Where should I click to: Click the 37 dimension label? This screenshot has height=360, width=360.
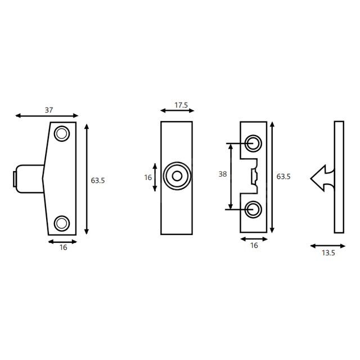49,110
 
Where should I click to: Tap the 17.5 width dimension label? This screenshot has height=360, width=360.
181,105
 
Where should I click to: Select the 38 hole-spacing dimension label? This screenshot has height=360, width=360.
223,174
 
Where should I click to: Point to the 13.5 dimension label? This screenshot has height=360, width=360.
328,253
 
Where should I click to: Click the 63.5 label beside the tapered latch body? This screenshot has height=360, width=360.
98,181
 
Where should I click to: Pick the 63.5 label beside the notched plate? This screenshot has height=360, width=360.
283,177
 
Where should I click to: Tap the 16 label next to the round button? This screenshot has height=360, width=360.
148,177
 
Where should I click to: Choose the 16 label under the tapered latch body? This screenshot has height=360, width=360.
63,247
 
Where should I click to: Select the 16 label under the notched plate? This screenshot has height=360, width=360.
254,245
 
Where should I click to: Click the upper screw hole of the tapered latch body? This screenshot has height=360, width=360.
61,133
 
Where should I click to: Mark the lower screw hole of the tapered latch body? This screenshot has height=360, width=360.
62,223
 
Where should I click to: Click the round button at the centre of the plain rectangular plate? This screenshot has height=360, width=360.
177,177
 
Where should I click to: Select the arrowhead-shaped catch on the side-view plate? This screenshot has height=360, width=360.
321,178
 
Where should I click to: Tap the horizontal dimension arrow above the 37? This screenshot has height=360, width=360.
49,116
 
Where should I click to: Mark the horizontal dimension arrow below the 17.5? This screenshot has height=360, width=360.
176,111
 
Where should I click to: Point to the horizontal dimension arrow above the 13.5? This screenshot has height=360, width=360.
328,246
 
